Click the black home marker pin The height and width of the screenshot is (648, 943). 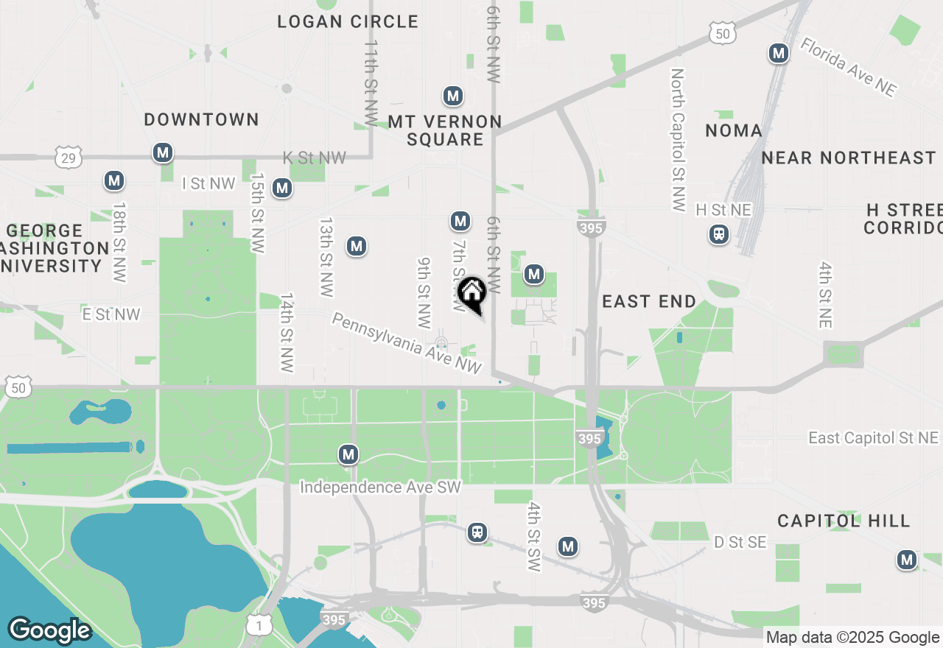471,293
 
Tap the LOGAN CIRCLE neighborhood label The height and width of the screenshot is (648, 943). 348,22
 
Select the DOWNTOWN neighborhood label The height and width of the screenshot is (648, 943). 201,119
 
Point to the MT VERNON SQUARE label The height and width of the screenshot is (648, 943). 445,130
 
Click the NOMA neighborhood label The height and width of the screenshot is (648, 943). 733,131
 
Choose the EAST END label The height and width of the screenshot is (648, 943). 648,301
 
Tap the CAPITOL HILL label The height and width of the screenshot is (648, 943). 844,521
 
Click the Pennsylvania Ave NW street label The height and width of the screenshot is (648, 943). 407,343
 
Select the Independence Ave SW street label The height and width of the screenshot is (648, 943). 380,487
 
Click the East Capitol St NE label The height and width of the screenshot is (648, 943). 874,438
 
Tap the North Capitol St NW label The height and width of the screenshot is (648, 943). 678,140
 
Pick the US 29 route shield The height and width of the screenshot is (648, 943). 69,156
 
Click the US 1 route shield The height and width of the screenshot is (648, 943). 258,625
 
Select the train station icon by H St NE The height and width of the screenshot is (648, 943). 718,234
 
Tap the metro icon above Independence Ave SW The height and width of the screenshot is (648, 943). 348,454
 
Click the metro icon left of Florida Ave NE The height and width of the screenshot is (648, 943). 778,53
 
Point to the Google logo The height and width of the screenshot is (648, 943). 49,630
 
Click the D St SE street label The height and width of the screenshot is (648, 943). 740,543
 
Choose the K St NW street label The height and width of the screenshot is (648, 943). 315,158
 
